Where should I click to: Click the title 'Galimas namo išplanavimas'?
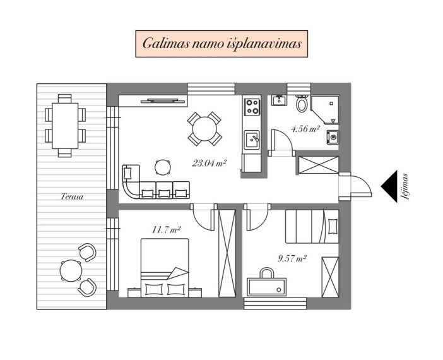click(222, 44)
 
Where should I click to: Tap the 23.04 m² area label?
click(209, 163)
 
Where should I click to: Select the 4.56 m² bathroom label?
click(305, 129)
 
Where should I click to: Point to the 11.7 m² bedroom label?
click(166, 230)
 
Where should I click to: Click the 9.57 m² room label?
click(292, 258)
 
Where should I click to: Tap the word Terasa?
click(72, 196)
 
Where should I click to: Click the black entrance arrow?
click(389, 186)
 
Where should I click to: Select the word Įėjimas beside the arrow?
click(405, 186)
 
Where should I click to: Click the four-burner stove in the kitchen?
click(252, 107)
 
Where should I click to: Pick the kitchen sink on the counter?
click(252, 140)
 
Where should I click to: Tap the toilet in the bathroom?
click(302, 103)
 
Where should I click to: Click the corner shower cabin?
click(325, 110)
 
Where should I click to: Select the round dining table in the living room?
click(204, 129)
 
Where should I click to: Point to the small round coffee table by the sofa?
click(163, 167)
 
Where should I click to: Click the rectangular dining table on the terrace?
click(65, 126)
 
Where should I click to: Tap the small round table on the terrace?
click(71, 270)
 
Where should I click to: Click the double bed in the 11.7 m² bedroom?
click(165, 268)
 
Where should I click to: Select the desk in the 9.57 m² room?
click(267, 287)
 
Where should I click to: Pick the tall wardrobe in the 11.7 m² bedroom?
click(227, 253)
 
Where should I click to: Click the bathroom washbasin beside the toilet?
click(279, 100)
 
